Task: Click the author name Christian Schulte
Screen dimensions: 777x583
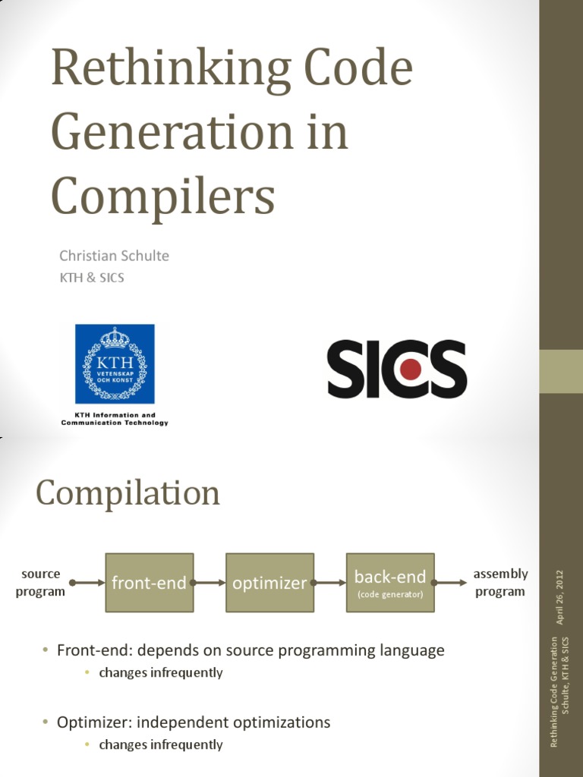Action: [114, 256]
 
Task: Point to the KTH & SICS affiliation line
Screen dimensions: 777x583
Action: [92, 278]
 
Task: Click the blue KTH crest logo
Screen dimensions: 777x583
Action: [114, 363]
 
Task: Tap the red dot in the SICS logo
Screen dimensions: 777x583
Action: [411, 370]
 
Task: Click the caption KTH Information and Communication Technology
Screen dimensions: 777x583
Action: [114, 419]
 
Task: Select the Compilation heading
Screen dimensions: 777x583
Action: [128, 493]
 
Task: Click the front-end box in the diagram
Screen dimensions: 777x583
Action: [149, 583]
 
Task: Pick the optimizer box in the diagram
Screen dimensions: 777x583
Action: [269, 583]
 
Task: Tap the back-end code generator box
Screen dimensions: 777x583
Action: [390, 583]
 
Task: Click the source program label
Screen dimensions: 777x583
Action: [40, 583]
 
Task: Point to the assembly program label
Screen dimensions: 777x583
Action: [500, 583]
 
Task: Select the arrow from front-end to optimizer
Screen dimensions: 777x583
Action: [210, 583]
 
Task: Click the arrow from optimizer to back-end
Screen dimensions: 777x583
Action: [330, 583]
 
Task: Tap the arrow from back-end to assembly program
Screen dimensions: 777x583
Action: [451, 583]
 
